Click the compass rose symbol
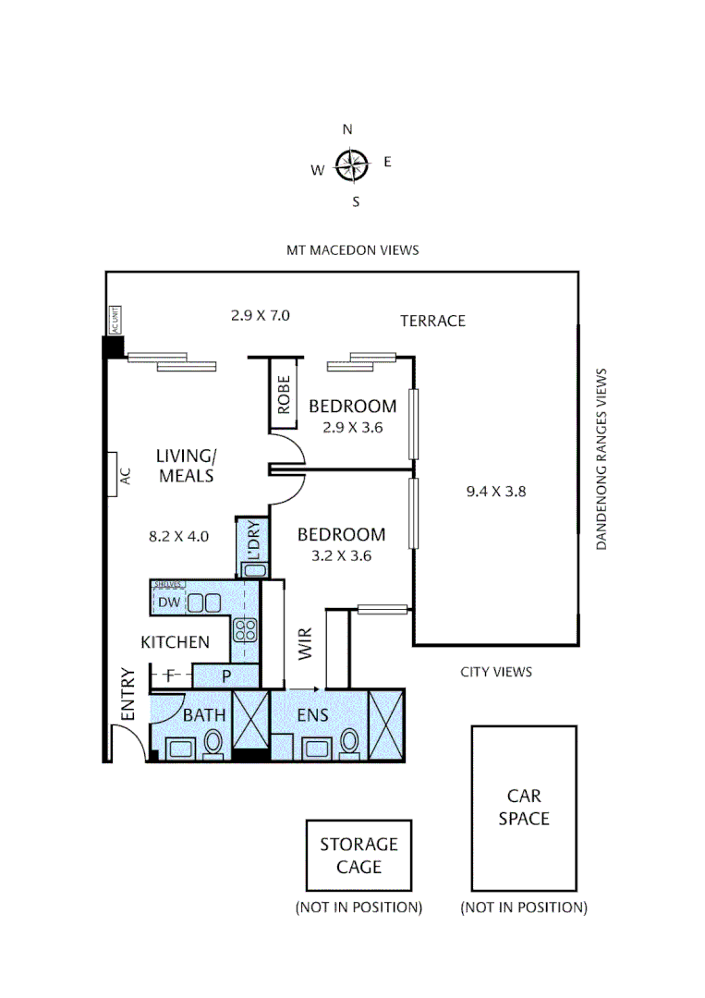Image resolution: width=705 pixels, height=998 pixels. point(351,164)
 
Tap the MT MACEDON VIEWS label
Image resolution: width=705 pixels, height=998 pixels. point(352,249)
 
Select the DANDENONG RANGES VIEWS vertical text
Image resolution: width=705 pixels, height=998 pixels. point(602,459)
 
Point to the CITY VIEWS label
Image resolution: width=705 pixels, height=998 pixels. point(496,672)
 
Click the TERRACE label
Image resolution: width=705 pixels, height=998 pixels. point(432,321)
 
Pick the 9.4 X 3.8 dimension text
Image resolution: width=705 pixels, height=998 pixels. point(496,492)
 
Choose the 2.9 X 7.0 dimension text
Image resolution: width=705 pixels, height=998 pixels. point(261,315)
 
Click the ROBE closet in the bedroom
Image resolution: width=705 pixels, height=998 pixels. point(284,393)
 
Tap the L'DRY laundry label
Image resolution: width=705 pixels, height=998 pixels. point(254,542)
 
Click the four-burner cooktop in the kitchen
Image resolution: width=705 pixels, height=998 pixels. point(246,630)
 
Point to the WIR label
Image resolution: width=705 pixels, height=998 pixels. point(304,644)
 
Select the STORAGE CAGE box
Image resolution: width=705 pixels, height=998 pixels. point(359,856)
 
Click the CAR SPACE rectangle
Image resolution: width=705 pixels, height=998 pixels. point(524,807)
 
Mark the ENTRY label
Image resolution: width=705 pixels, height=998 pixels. point(128,694)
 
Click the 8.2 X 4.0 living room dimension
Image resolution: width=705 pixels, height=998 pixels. point(179,535)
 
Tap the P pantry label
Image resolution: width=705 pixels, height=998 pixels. point(225,676)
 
